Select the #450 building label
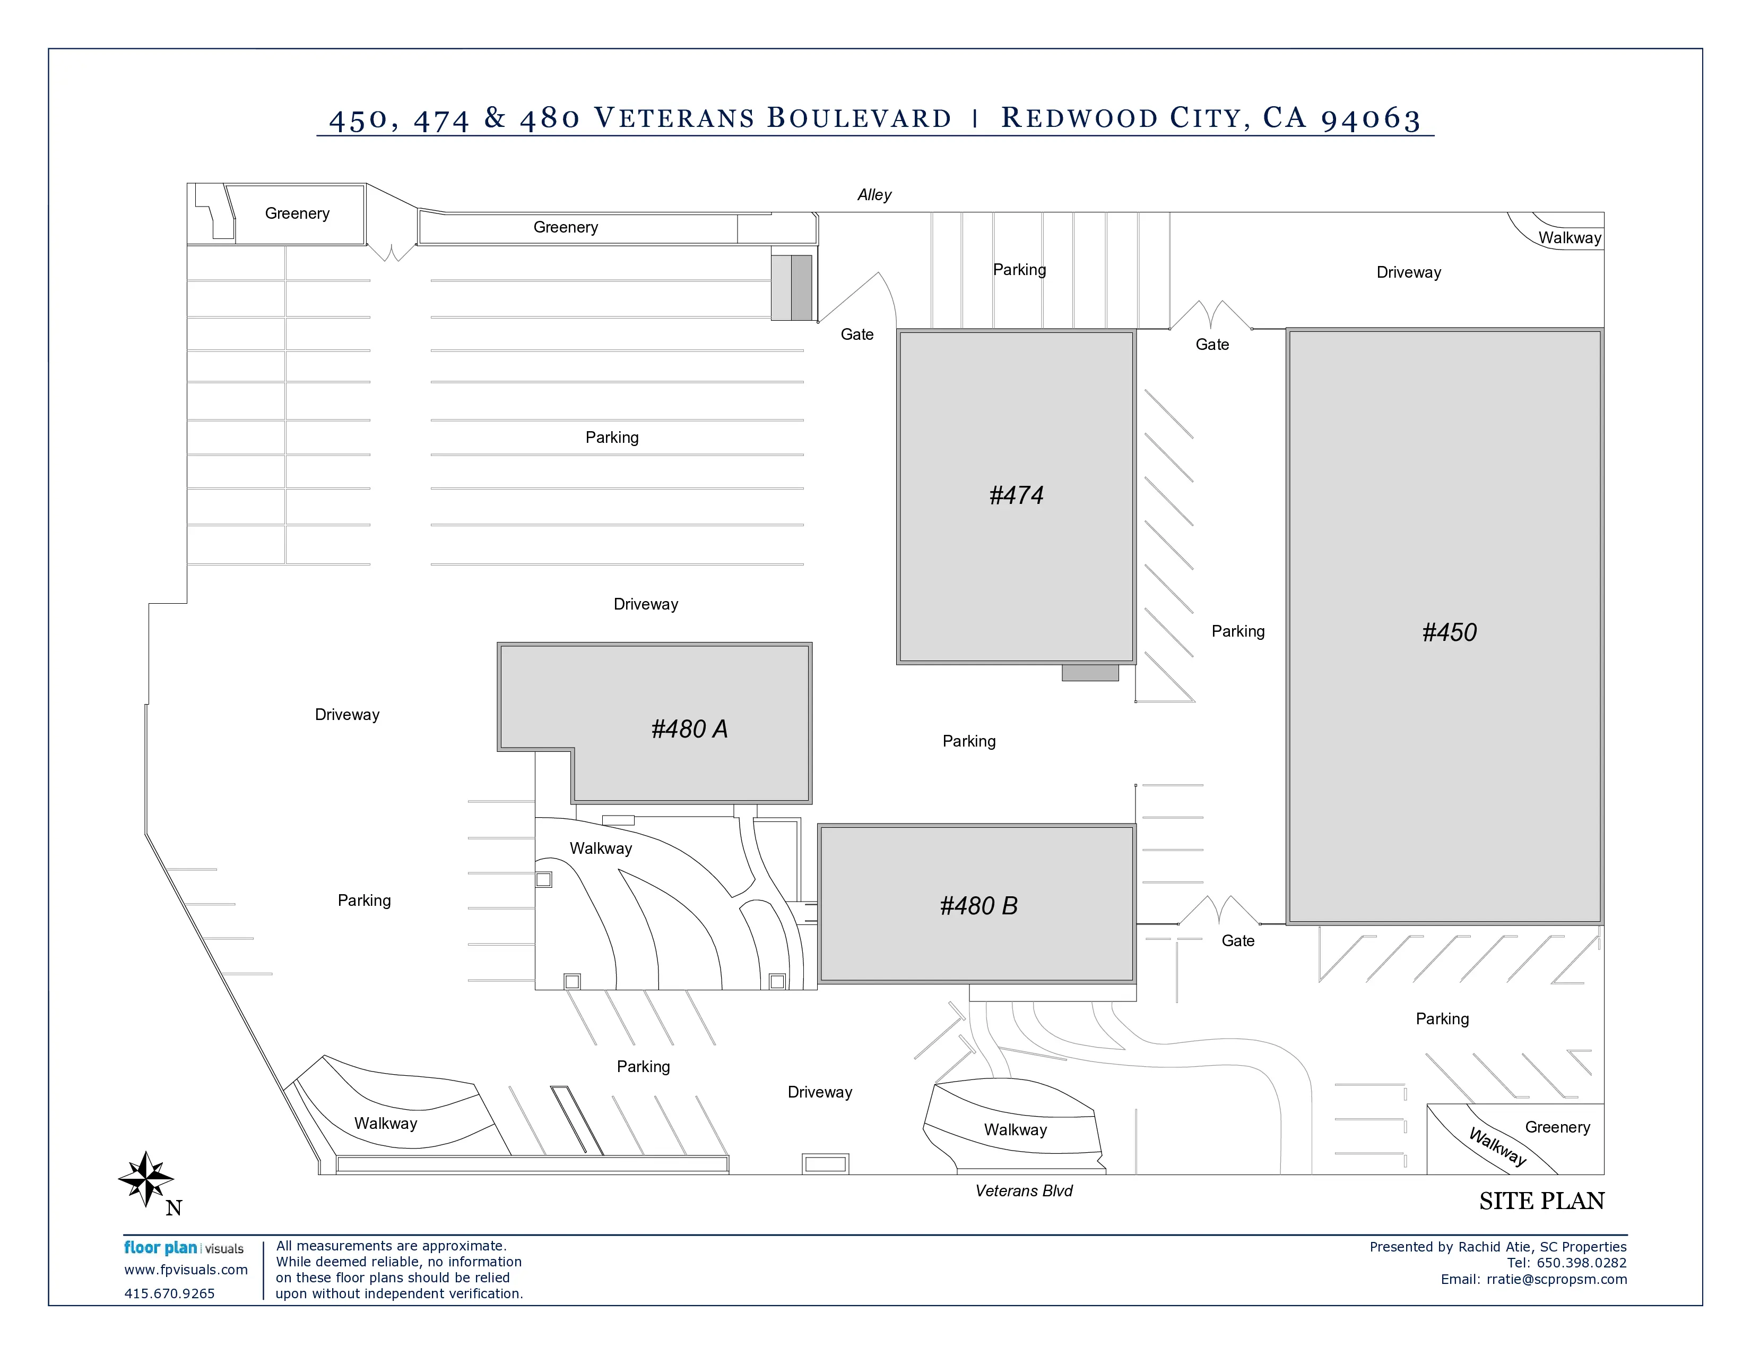point(1449,632)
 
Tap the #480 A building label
point(689,729)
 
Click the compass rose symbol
point(146,1178)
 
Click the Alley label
point(874,195)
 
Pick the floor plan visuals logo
point(184,1248)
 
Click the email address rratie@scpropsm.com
point(1557,1280)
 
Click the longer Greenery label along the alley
point(565,227)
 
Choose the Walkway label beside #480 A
point(601,849)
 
